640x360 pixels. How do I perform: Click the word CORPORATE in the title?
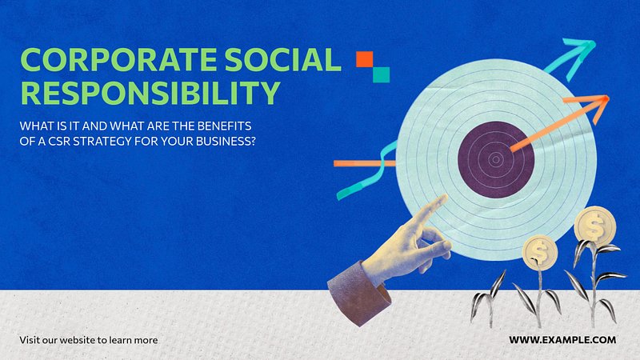click(x=118, y=59)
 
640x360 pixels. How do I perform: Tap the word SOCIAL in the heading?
click(x=282, y=59)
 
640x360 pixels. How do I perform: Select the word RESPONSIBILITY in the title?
click(x=150, y=93)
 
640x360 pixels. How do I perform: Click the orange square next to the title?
click(x=365, y=59)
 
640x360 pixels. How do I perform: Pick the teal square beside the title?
click(x=382, y=74)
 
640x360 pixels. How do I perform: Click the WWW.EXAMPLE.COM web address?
click(x=562, y=339)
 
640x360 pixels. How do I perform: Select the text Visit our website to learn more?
click(x=89, y=340)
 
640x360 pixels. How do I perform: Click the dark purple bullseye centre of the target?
click(x=496, y=159)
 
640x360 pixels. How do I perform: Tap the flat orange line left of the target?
click(x=365, y=164)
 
